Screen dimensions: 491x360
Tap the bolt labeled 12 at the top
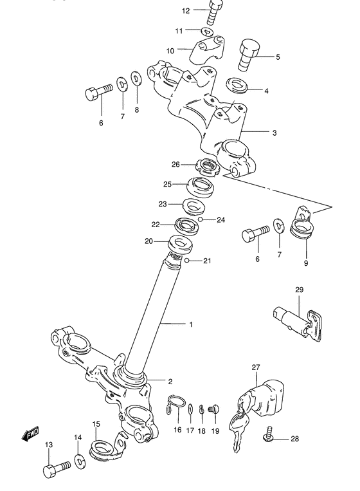[215, 13]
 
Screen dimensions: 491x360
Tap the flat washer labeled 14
[80, 461]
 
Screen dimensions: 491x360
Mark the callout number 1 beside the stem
[191, 325]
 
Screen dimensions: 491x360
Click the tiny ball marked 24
[201, 220]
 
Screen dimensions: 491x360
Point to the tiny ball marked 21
[186, 261]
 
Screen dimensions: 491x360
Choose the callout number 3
[274, 133]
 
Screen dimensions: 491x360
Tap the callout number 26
[175, 164]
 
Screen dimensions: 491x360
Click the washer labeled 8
[136, 79]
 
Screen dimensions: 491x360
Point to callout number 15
[96, 424]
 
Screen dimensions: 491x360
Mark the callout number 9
[306, 263]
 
